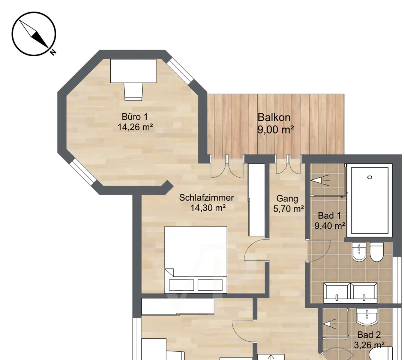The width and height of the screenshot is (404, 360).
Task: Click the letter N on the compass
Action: pyautogui.click(x=53, y=52)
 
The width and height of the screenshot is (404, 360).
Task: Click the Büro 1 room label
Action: pyautogui.click(x=135, y=117)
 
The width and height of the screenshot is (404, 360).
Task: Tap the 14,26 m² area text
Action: pyautogui.click(x=135, y=127)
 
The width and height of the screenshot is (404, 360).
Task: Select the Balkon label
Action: pyautogui.click(x=274, y=117)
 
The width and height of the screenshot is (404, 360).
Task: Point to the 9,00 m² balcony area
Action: pyautogui.click(x=275, y=129)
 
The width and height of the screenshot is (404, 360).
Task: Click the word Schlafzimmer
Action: pyautogui.click(x=206, y=198)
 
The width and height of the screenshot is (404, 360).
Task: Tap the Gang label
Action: pyautogui.click(x=287, y=198)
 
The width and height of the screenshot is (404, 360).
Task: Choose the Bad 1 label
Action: pyautogui.click(x=329, y=215)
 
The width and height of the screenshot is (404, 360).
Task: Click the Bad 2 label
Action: pyautogui.click(x=369, y=335)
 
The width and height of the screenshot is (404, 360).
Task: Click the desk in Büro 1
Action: pyautogui.click(x=134, y=71)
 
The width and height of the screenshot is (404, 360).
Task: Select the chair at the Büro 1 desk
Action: pyautogui.click(x=134, y=91)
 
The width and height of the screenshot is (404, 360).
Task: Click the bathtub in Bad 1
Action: pyautogui.click(x=369, y=200)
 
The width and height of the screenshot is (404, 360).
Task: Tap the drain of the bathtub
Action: pyautogui.click(x=370, y=177)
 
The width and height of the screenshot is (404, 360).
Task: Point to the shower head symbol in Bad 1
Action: pyautogui.click(x=320, y=180)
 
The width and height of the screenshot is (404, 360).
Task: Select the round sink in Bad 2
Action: pyautogui.click(x=367, y=316)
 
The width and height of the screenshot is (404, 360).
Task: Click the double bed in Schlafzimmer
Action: pyautogui.click(x=196, y=259)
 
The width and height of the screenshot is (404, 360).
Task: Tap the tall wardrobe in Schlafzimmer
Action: pyautogui.click(x=257, y=200)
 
